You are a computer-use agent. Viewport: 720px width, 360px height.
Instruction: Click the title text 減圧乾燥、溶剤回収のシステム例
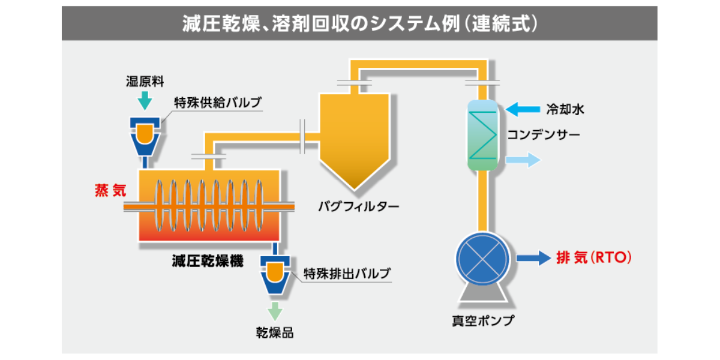pyautogui.click(x=322, y=23)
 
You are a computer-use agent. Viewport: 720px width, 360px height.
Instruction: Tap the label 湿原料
pyautogui.click(x=145, y=82)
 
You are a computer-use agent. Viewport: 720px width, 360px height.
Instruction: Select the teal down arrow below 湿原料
pyautogui.click(x=145, y=101)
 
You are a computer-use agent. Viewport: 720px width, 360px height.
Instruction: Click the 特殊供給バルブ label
pyautogui.click(x=218, y=103)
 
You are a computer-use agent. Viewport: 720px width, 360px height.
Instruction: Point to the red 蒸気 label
pyautogui.click(x=110, y=191)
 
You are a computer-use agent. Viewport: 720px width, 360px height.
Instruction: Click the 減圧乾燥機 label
pyautogui.click(x=208, y=260)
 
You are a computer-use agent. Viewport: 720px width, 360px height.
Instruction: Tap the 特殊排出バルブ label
pyautogui.click(x=347, y=274)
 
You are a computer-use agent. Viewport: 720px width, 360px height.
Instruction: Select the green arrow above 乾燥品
pyautogui.click(x=275, y=311)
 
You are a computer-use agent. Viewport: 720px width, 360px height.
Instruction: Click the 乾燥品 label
pyautogui.click(x=275, y=333)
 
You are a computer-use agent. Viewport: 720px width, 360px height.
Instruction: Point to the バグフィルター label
pyautogui.click(x=359, y=206)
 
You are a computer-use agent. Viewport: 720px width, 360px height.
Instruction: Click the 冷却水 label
pyautogui.click(x=565, y=110)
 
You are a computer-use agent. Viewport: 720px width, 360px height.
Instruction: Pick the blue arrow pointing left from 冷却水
pyautogui.click(x=523, y=109)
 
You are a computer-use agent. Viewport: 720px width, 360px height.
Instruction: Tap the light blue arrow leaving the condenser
pyautogui.click(x=523, y=160)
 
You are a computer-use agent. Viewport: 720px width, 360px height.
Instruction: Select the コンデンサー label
pyautogui.click(x=544, y=134)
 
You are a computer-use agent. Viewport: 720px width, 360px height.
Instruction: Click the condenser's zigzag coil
pyautogui.click(x=482, y=135)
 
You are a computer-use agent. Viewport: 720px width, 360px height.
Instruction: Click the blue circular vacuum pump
pyautogui.click(x=482, y=259)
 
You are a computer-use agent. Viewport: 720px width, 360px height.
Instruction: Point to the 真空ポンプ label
pyautogui.click(x=483, y=320)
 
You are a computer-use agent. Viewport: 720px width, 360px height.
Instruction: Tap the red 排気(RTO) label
pyautogui.click(x=594, y=257)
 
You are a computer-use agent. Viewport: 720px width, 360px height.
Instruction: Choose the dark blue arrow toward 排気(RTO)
pyautogui.click(x=534, y=258)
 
